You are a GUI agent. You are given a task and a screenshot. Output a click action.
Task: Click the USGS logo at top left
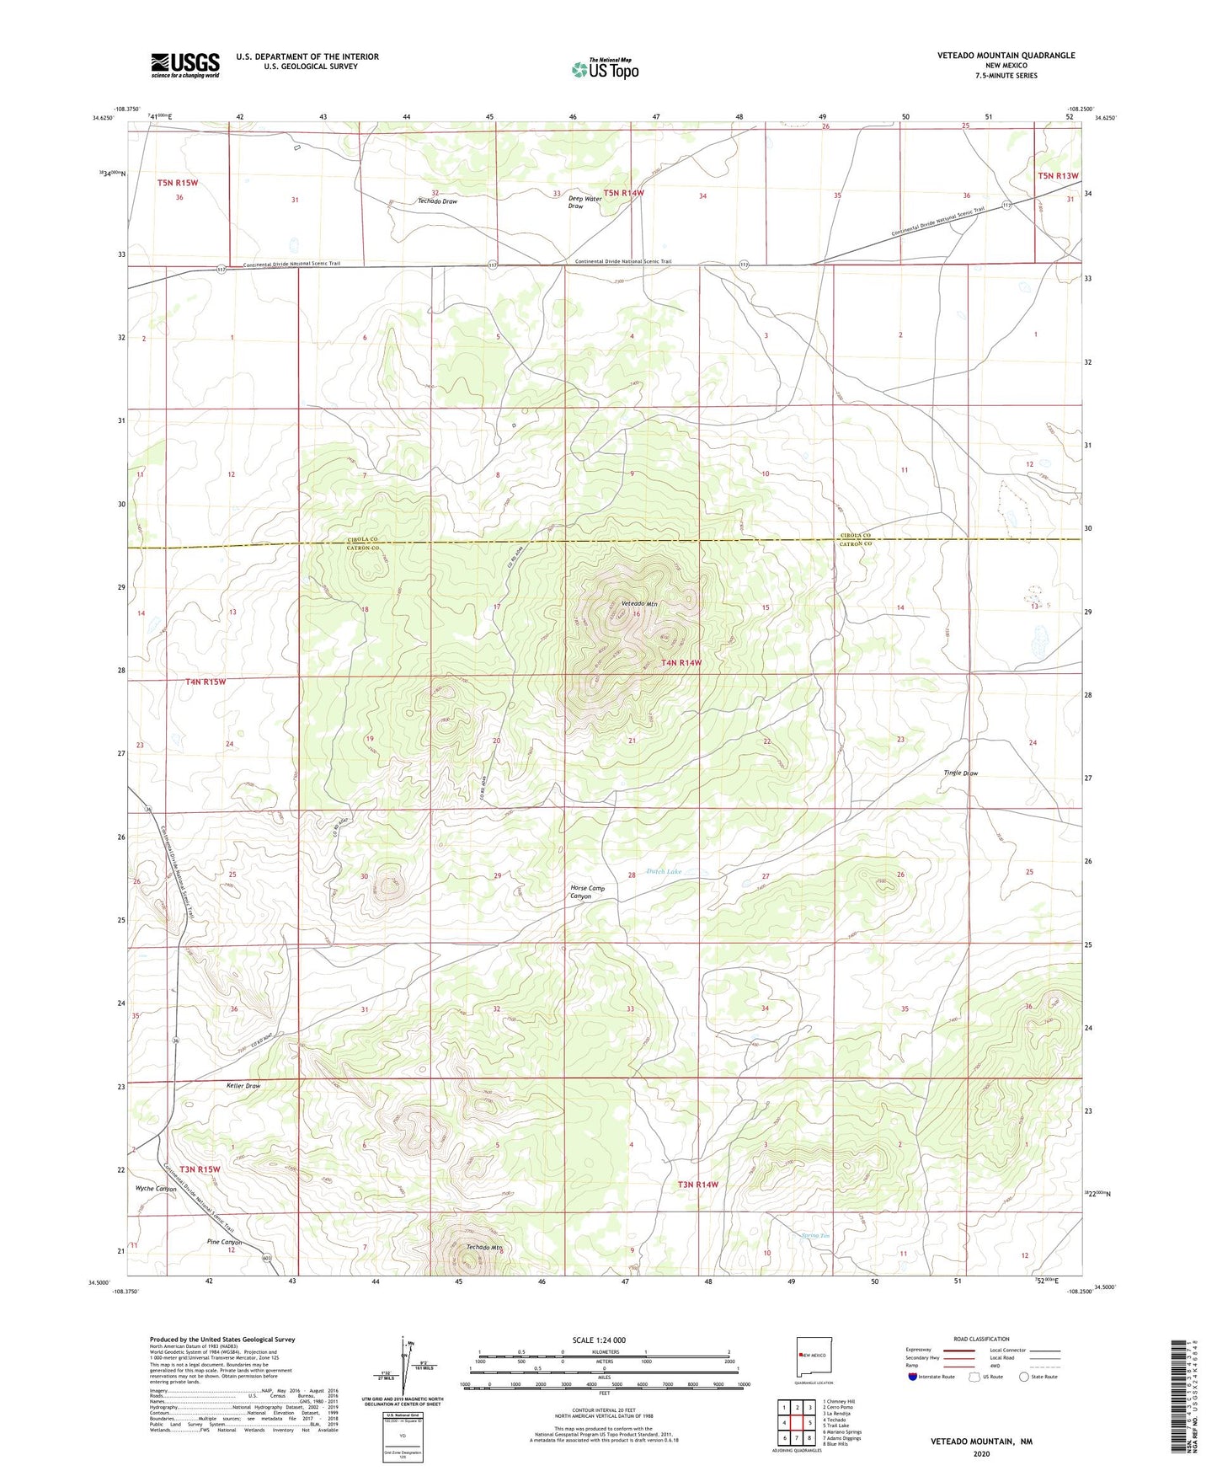(x=185, y=65)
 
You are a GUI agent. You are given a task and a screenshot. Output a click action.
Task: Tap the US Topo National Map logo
(x=605, y=69)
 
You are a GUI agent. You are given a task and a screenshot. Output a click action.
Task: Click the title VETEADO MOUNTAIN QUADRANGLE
(x=1006, y=56)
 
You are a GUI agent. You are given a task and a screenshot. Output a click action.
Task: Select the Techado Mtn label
(x=484, y=1247)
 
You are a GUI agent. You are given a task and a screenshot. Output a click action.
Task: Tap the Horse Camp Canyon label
(x=587, y=892)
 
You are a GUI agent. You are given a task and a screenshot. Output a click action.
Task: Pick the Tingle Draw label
(x=960, y=773)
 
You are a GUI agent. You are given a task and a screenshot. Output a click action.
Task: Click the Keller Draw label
(x=243, y=1086)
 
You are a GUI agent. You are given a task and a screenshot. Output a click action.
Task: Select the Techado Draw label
(x=437, y=201)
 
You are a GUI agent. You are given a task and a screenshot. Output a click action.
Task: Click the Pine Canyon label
(x=224, y=1242)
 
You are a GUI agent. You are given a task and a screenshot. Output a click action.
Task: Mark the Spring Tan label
(x=814, y=1236)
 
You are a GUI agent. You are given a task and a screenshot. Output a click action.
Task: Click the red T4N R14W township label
(x=681, y=663)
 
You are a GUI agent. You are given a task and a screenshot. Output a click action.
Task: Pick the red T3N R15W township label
(x=200, y=1169)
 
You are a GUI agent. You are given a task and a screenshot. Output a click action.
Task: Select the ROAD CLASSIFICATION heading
(x=981, y=1339)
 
